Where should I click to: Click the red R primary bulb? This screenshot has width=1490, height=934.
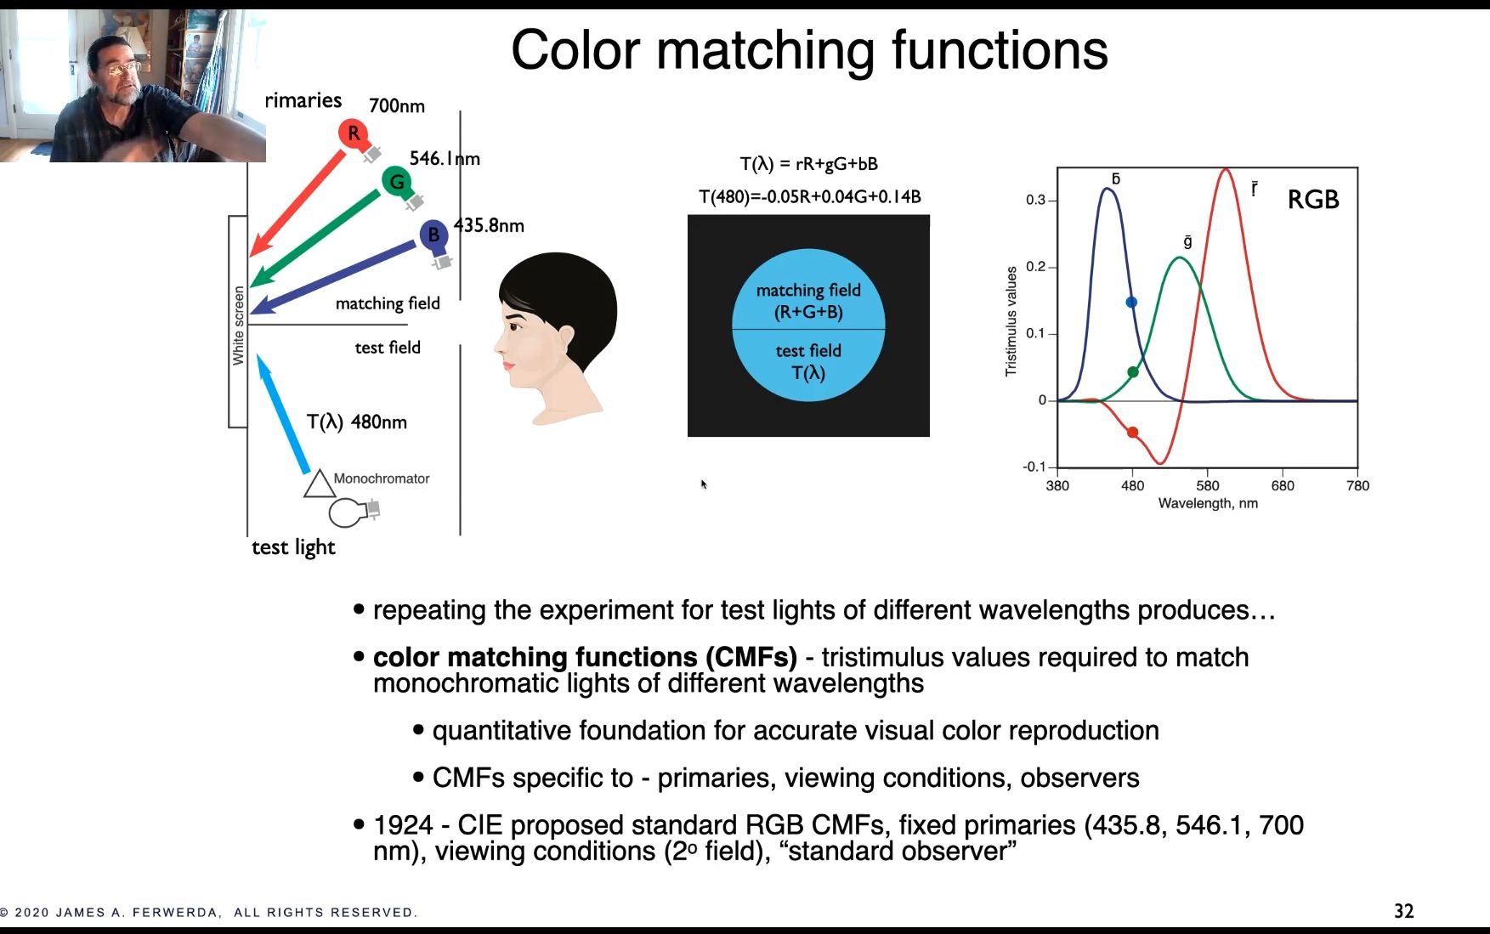coord(353,133)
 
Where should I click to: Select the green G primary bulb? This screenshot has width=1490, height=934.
coord(396,181)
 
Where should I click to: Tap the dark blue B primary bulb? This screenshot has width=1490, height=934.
coord(433,235)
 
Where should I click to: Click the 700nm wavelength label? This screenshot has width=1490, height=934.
coord(396,106)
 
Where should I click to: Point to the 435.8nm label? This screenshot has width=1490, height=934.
coord(489,226)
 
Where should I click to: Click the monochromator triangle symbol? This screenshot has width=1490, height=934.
coord(319,484)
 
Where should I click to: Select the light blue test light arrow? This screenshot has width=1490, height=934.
coord(283,414)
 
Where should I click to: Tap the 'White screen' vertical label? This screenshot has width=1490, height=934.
coord(238,325)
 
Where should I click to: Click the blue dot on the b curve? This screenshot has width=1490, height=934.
coord(1131,303)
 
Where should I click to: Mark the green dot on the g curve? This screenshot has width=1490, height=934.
coord(1132,372)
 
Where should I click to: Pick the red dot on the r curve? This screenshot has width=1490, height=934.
coord(1132,433)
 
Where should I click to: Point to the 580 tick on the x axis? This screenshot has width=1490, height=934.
coord(1207,486)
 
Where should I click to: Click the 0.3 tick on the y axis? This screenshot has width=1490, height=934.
coord(1035,201)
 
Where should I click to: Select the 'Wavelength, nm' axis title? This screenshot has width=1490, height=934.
coord(1207,504)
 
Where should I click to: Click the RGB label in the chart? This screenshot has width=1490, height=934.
coord(1312,200)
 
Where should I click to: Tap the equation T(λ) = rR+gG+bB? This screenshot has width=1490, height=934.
coord(808,164)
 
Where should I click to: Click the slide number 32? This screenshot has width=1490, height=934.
coord(1403,911)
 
